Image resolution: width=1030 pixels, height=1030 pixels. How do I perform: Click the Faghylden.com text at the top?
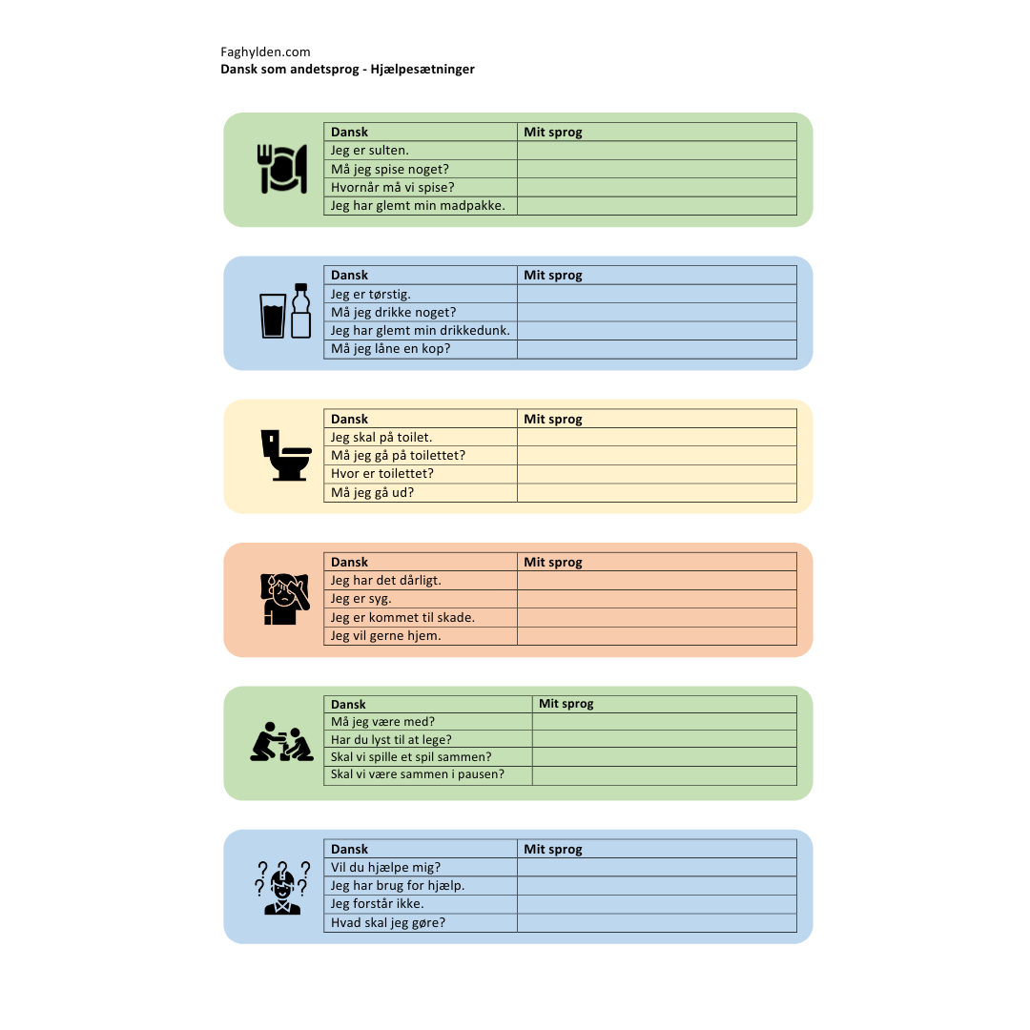pyautogui.click(x=265, y=52)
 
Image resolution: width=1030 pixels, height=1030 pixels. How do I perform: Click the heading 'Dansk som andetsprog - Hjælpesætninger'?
pyautogui.click(x=347, y=70)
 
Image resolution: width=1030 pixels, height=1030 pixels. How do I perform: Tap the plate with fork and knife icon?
pyautogui.click(x=282, y=169)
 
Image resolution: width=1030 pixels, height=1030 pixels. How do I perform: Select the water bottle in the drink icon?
pyautogui.click(x=301, y=311)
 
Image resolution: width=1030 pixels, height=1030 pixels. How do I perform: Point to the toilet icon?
pyautogui.click(x=286, y=455)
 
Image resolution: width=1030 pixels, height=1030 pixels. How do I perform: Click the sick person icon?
pyautogui.click(x=281, y=599)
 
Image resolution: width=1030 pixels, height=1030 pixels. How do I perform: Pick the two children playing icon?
pyautogui.click(x=281, y=741)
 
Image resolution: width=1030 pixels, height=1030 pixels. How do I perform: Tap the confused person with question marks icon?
pyautogui.click(x=282, y=887)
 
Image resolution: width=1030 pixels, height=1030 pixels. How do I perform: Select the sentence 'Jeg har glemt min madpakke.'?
pyautogui.click(x=418, y=206)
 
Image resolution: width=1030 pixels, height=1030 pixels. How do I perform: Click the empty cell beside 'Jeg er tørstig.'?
pyautogui.click(x=656, y=295)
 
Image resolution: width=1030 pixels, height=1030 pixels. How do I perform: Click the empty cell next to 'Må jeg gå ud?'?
pyautogui.click(x=656, y=493)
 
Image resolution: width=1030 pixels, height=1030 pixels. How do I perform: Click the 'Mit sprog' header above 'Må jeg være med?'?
pyautogui.click(x=566, y=704)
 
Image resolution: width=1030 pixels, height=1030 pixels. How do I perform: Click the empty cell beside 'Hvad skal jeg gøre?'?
pyautogui.click(x=656, y=923)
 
